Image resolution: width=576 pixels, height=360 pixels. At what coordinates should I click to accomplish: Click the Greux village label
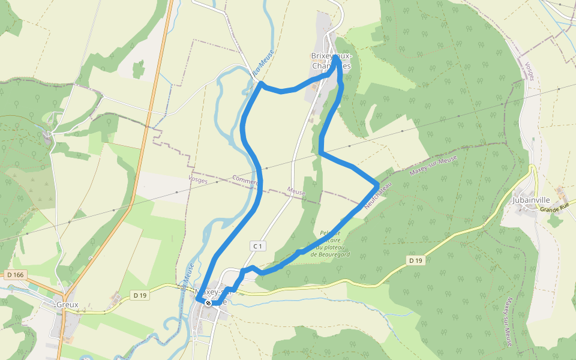[67, 304]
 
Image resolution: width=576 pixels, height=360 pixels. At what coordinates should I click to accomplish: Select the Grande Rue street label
[554, 209]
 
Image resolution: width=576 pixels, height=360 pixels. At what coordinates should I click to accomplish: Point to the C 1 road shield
[257, 246]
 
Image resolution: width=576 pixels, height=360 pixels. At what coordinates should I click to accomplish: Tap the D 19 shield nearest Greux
[140, 295]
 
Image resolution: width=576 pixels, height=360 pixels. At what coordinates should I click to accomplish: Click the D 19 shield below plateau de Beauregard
[416, 260]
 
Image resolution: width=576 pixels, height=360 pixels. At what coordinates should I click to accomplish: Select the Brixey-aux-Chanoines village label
[331, 60]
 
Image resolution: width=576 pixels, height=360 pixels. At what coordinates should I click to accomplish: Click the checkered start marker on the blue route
[208, 303]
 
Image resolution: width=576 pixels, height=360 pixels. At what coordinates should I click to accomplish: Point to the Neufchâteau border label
[377, 195]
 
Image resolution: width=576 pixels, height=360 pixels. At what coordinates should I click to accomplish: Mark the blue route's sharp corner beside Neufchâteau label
[377, 185]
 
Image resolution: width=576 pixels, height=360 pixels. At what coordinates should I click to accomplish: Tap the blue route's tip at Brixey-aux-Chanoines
[335, 57]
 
